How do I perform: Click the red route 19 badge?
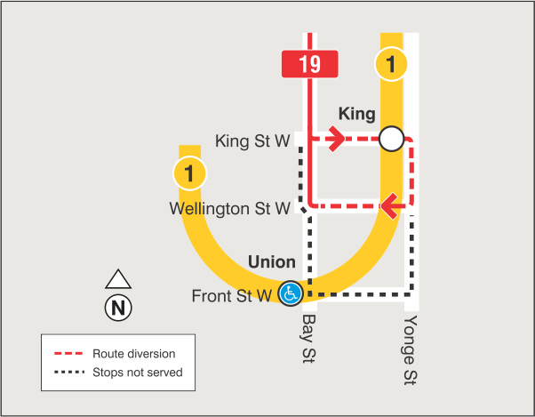point(309,64)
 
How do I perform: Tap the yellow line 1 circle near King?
point(391,64)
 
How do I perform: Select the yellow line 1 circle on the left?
point(190,172)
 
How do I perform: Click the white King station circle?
point(391,139)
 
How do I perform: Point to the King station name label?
point(357,114)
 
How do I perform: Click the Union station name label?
point(272,262)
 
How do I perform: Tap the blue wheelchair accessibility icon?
point(290,293)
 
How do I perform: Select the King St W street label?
point(253,140)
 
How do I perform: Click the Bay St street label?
point(309,338)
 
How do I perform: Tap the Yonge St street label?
point(410,350)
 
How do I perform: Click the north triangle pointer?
point(118,280)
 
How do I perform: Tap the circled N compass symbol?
point(118,309)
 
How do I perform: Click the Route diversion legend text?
point(133,354)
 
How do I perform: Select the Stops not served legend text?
point(138,372)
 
